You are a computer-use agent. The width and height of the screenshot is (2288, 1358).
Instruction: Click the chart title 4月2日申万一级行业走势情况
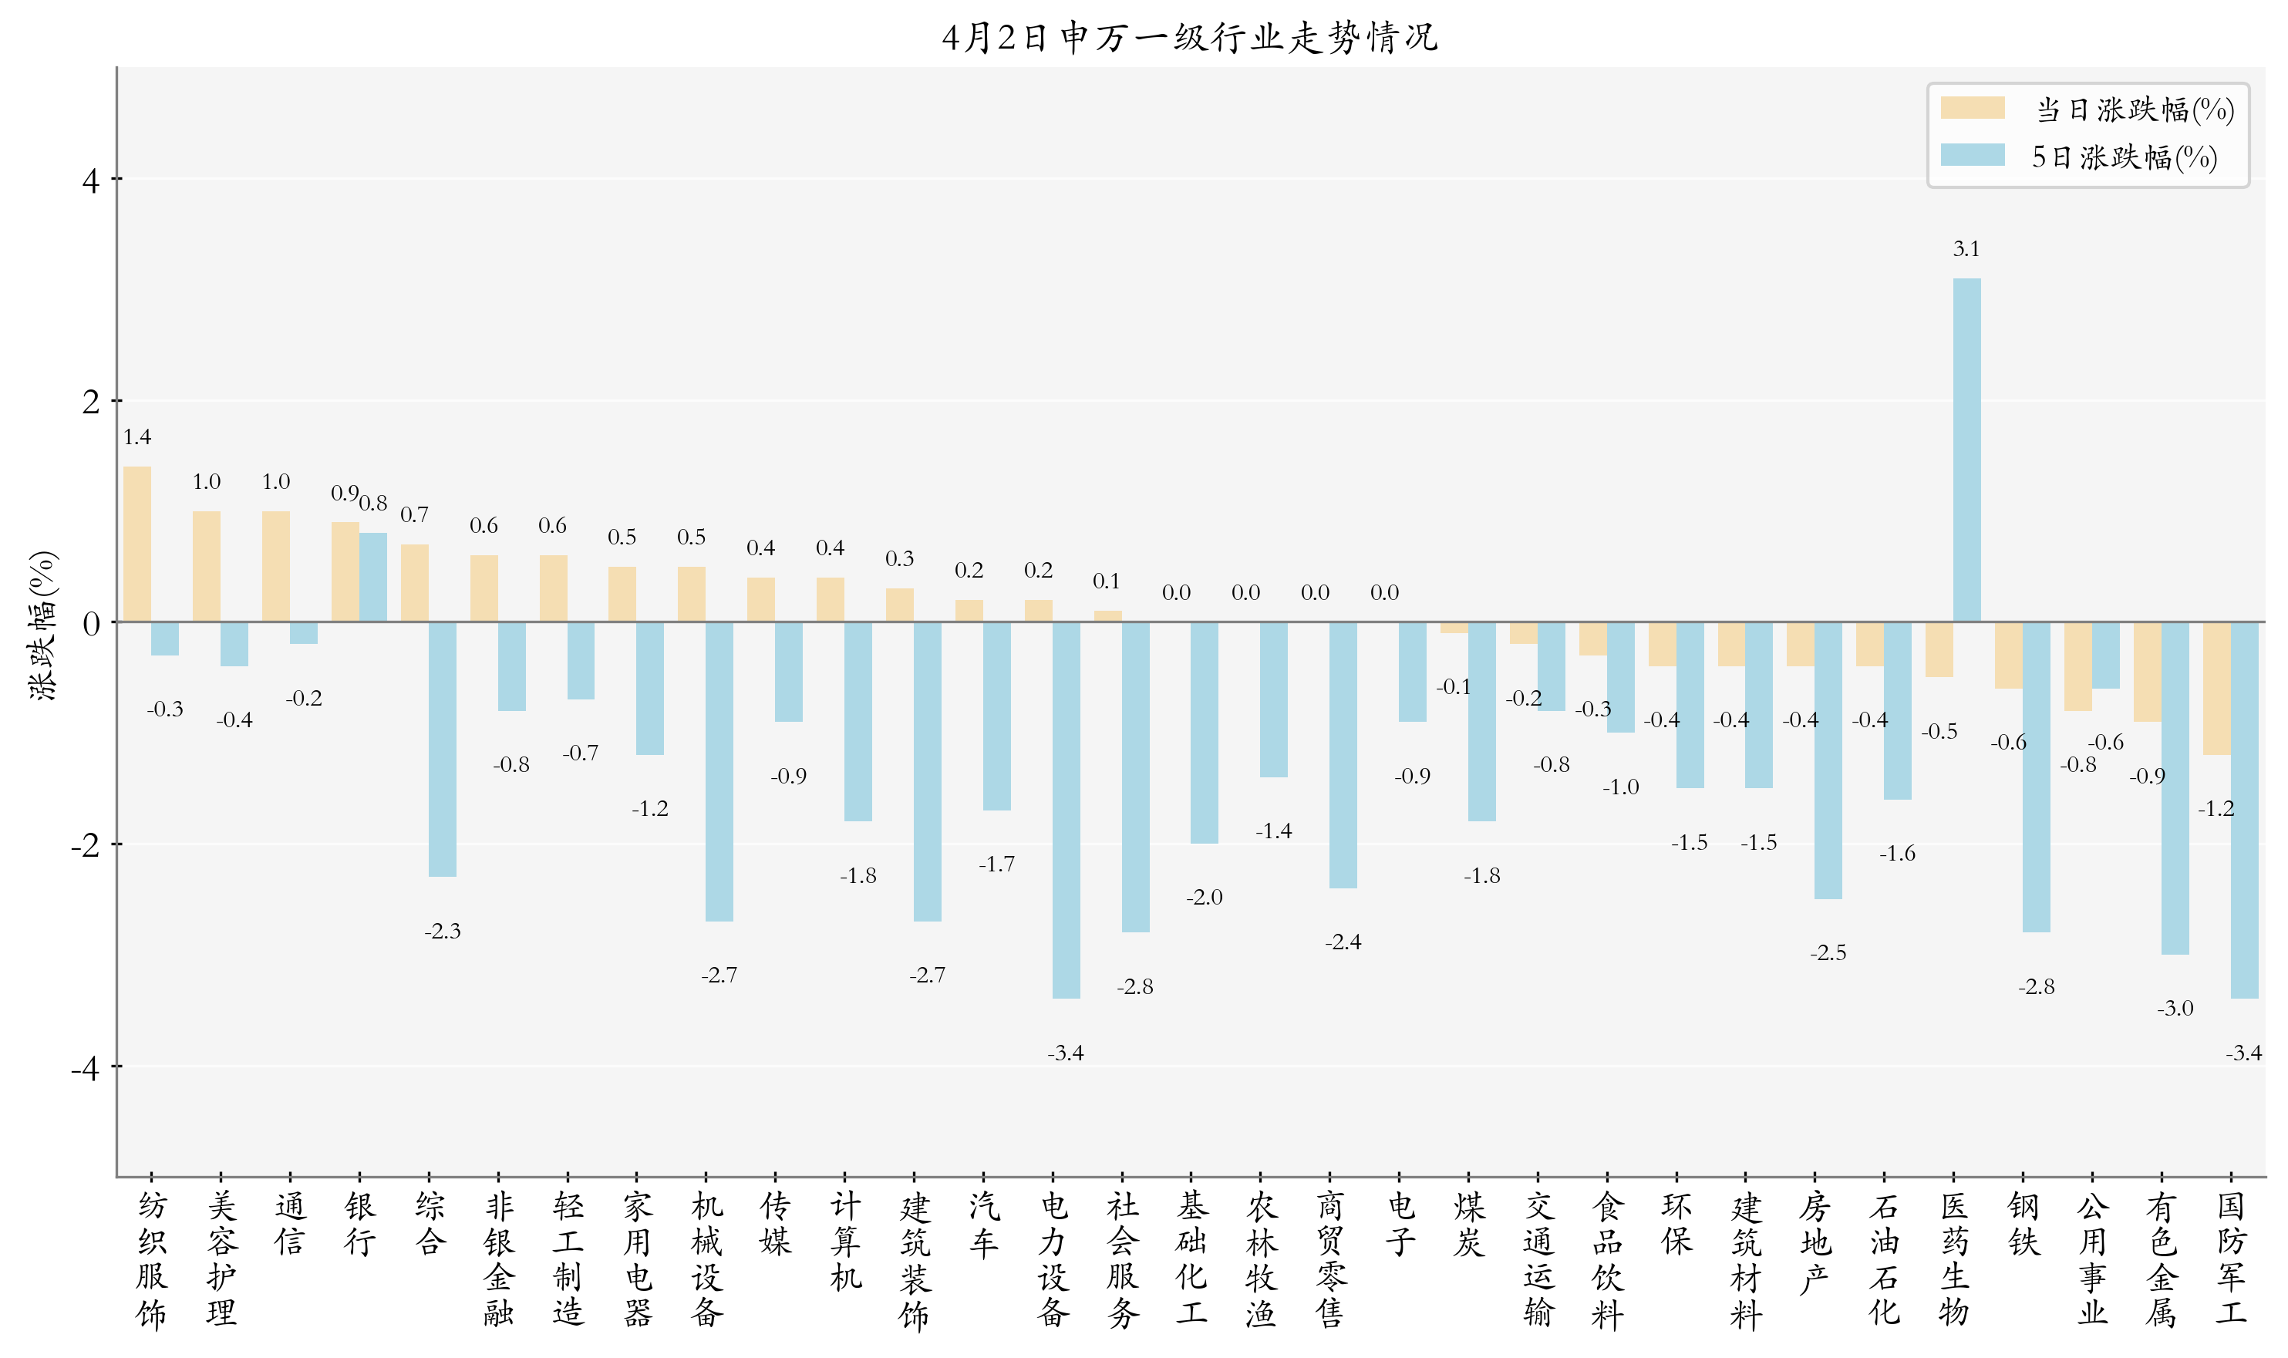pyautogui.click(x=1189, y=38)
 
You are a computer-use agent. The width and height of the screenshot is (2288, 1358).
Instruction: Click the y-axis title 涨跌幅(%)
pyautogui.click(x=43, y=625)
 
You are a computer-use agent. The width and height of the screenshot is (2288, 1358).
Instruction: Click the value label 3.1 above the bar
pyautogui.click(x=1965, y=249)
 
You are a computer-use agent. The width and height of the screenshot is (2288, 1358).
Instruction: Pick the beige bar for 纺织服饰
pyautogui.click(x=137, y=544)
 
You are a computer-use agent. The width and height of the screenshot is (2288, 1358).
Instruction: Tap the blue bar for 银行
pyautogui.click(x=372, y=577)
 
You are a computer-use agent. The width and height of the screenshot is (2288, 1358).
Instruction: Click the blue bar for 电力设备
pyautogui.click(x=1066, y=809)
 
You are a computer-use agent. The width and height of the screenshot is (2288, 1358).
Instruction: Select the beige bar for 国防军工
pyautogui.click(x=2216, y=688)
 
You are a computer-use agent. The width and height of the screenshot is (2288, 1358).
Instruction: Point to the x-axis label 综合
pyautogui.click(x=429, y=1224)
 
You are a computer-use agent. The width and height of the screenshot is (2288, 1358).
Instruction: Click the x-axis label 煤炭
pyautogui.click(x=1468, y=1224)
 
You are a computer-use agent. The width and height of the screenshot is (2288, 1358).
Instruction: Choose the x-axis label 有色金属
pyautogui.click(x=2161, y=1259)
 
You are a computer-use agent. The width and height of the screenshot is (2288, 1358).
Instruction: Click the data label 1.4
pyautogui.click(x=137, y=437)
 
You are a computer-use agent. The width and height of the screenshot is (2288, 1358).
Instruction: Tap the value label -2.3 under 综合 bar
pyautogui.click(x=442, y=932)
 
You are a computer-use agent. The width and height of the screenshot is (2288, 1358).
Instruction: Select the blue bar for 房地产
pyautogui.click(x=1827, y=760)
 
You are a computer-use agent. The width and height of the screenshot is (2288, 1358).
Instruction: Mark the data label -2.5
pyautogui.click(x=1827, y=953)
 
